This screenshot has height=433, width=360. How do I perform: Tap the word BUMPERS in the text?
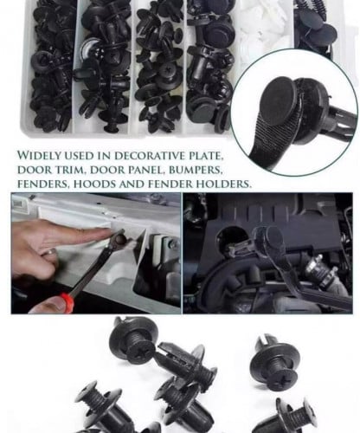[196, 170]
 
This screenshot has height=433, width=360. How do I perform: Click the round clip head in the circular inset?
[280, 99]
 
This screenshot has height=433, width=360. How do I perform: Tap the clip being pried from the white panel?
[119, 238]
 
